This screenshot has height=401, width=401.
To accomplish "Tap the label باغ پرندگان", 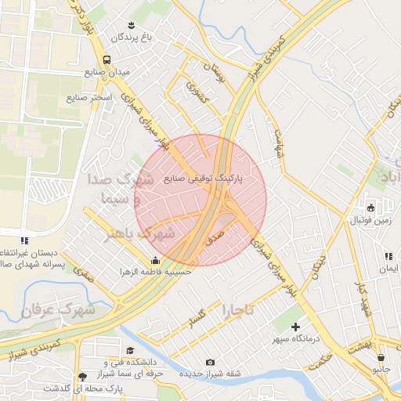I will pyautogui.click(x=128, y=37).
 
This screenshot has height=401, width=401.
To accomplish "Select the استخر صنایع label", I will pyautogui.click(x=89, y=98).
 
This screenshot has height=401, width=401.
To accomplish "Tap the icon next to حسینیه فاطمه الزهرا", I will pyautogui.click(x=155, y=261).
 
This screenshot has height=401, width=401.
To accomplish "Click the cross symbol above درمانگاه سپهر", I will pyautogui.click(x=295, y=327).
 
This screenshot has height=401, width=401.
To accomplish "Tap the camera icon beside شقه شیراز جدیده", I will pyautogui.click(x=210, y=362).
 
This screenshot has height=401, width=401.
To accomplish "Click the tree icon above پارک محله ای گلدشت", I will pyautogui.click(x=82, y=376).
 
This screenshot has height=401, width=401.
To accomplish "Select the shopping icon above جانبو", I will pyautogui.click(x=381, y=355).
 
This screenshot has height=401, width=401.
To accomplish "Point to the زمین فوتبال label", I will pyautogui.click(x=370, y=221).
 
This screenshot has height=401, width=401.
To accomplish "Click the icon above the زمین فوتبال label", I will pyautogui.click(x=370, y=208).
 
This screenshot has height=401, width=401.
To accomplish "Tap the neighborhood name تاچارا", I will pyautogui.click(x=238, y=309).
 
